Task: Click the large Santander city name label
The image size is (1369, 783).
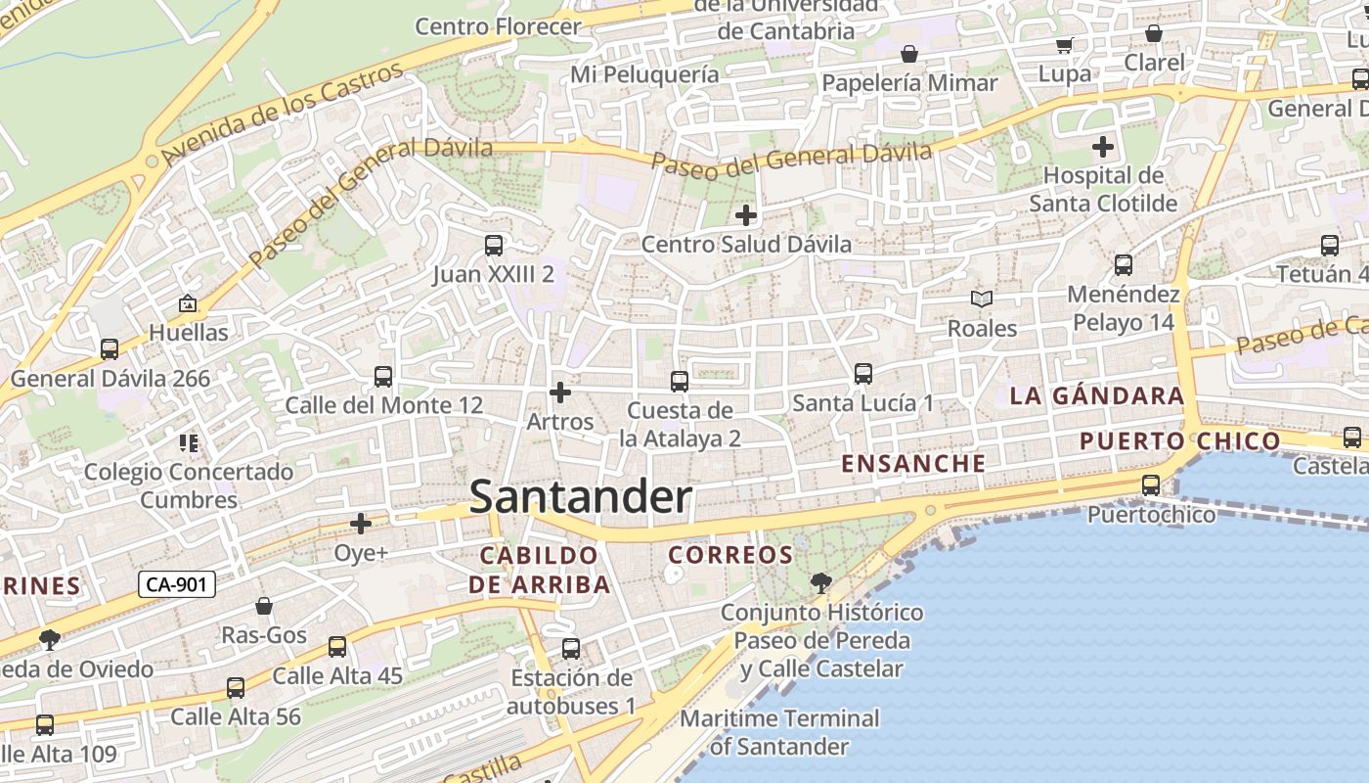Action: click(581, 497)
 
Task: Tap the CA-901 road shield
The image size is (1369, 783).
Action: click(176, 585)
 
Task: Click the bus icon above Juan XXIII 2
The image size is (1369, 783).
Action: click(494, 246)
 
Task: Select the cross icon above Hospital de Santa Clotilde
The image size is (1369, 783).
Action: click(1103, 148)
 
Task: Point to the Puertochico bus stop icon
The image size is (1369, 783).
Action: click(1151, 485)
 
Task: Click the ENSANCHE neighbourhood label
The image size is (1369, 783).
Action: click(914, 464)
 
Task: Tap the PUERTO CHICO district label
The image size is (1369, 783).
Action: click(1179, 441)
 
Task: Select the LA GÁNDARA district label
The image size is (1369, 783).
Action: click(1097, 396)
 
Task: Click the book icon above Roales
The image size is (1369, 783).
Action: click(982, 299)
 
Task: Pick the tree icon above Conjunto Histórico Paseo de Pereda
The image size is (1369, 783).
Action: click(820, 583)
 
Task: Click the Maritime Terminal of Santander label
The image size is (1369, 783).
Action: click(779, 732)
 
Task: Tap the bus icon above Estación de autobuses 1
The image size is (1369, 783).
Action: click(571, 649)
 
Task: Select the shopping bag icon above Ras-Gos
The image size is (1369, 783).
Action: click(263, 607)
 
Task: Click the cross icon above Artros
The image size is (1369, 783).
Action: click(560, 393)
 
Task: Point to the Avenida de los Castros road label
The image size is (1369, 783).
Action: click(284, 114)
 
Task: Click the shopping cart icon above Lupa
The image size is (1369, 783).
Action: click(1064, 45)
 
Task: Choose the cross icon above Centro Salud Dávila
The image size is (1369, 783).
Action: click(746, 215)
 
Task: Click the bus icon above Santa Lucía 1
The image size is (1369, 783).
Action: click(862, 374)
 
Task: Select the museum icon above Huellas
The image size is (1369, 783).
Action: click(188, 304)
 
